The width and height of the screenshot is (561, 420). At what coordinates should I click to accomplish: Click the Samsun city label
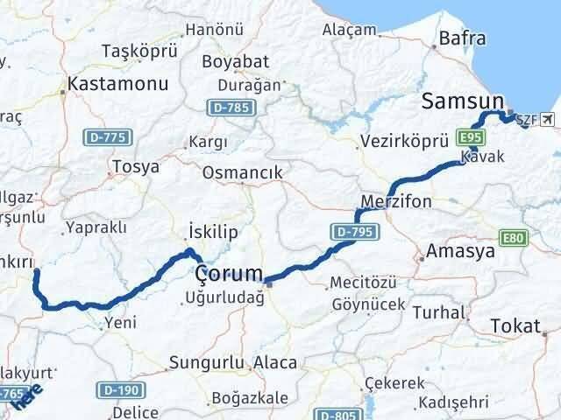462,101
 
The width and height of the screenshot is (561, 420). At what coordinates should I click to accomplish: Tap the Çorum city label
230,274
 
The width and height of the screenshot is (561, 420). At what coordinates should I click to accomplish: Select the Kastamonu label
108,87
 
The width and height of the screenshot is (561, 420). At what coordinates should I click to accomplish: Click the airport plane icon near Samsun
549,118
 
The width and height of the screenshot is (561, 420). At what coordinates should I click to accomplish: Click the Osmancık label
242,172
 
